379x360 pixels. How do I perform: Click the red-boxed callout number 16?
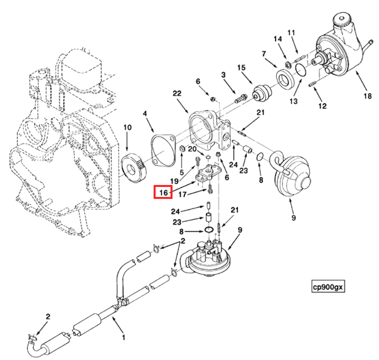pyautogui.click(x=163, y=192)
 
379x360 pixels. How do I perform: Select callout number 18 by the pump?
pyautogui.click(x=368, y=96)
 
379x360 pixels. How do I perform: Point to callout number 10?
pyautogui.click(x=128, y=128)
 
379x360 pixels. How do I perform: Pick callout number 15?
pyautogui.click(x=241, y=68)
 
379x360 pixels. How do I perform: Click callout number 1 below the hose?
pyautogui.click(x=124, y=337)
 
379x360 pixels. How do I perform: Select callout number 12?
pyautogui.click(x=322, y=105)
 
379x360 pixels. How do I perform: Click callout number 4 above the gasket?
pyautogui.click(x=145, y=114)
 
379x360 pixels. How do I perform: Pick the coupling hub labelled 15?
pyautogui.click(x=262, y=94)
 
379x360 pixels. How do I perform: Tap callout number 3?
pyautogui.click(x=224, y=75)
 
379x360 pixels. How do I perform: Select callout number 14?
pyautogui.click(x=278, y=39)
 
